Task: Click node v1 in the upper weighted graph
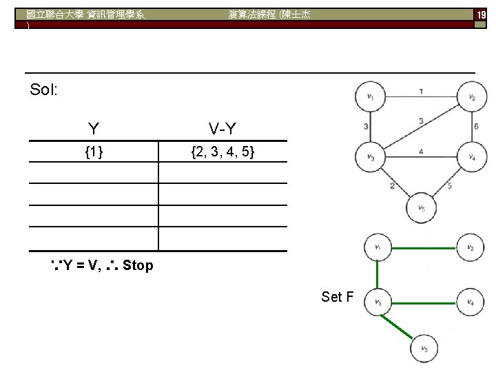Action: coord(371,97)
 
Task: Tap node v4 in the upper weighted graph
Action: coord(472,156)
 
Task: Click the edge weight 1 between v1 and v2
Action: coord(421,90)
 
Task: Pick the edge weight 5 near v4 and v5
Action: coord(450,185)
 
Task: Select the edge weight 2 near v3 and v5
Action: coord(392,185)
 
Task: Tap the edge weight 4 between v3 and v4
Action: coord(421,151)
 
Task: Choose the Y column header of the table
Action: coord(93,128)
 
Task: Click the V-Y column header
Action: coord(224,128)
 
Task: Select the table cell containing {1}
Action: coord(94,152)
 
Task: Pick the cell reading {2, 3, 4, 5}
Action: coord(224,152)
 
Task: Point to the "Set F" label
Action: coord(338,297)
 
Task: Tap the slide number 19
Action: coord(479,14)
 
